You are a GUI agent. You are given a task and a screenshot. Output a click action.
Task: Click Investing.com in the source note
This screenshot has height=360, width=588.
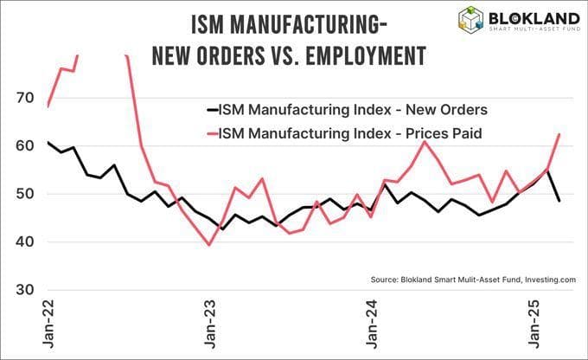[x=546, y=280]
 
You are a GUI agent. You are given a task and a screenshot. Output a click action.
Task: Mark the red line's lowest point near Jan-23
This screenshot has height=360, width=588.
[x=208, y=245]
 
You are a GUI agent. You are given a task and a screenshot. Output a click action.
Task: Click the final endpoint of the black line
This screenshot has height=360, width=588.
[x=559, y=201]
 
